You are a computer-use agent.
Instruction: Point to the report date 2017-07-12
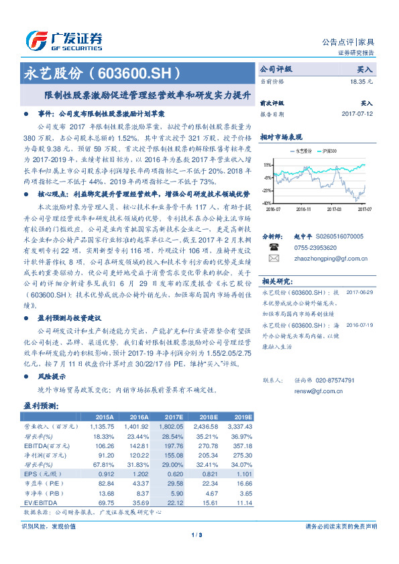click(x=356, y=115)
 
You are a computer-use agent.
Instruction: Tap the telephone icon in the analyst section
click(x=273, y=247)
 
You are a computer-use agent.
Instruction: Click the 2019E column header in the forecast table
click(x=242, y=416)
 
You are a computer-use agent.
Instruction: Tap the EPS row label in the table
click(x=32, y=473)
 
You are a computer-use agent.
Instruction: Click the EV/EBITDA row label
click(x=40, y=502)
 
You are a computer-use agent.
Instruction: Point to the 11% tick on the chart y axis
click(x=267, y=164)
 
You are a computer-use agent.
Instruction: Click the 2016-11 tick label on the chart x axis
click(x=304, y=209)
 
